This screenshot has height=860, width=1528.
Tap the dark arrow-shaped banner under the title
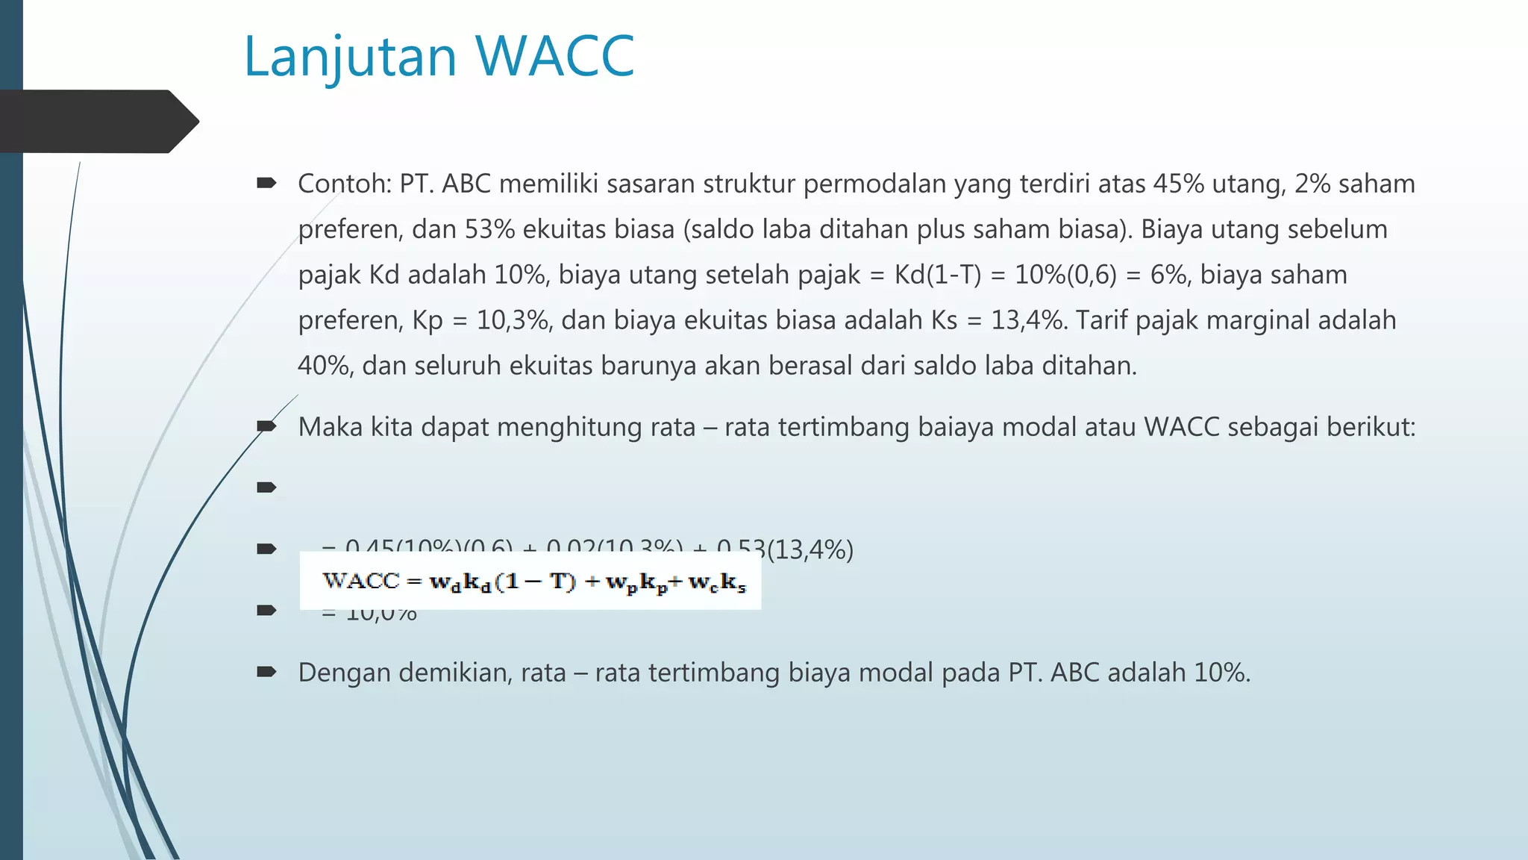pos(97,122)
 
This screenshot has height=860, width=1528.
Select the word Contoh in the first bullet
pos(342,184)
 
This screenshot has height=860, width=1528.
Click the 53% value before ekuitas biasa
pos(489,229)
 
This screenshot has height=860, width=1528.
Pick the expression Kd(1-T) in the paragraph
pos(938,275)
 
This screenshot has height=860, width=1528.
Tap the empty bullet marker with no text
pos(266,488)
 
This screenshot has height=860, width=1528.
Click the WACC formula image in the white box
pos(530,582)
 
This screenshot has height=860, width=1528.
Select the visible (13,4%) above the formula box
pos(810,550)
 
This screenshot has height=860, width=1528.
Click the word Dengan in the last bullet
pos(344,673)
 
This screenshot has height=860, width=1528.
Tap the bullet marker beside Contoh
pos(266,183)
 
